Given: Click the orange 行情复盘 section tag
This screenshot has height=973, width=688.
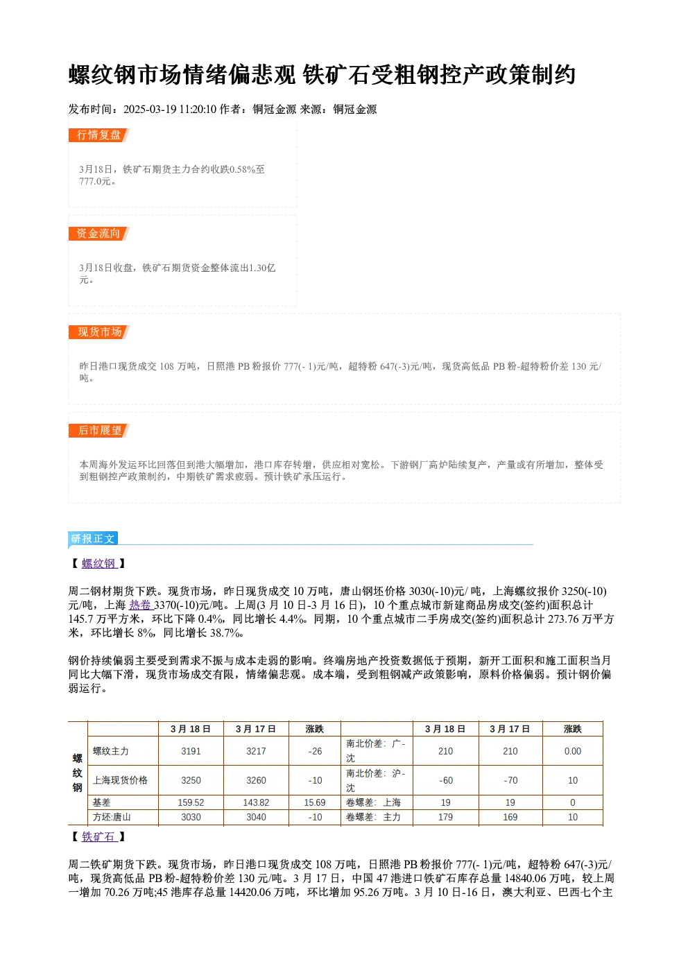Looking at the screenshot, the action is click(99, 135).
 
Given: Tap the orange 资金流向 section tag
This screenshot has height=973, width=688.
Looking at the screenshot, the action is click(99, 234).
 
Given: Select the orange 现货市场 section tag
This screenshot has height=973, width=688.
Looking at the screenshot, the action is click(99, 332).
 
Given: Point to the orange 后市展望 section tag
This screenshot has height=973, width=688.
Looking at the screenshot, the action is click(99, 431).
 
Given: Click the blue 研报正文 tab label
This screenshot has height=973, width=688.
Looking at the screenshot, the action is click(93, 539).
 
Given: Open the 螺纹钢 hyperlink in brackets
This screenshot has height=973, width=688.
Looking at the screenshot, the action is click(99, 564).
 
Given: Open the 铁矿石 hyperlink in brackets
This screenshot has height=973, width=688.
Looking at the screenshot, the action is click(99, 837).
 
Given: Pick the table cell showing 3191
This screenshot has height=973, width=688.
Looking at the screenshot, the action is click(191, 752).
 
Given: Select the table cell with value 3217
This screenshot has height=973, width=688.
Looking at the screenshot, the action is click(256, 752).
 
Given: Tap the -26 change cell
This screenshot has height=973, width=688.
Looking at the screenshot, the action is click(315, 752).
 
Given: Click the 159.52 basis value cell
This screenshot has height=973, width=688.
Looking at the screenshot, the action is click(191, 802).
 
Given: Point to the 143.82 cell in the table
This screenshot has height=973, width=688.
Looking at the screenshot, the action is click(256, 802).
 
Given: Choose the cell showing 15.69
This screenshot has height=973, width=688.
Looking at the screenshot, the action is click(315, 802).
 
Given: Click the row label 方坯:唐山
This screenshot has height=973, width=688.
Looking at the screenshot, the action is click(112, 818).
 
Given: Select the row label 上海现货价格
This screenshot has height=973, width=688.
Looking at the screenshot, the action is click(120, 781).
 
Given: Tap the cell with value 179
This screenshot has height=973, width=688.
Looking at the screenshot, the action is click(446, 818).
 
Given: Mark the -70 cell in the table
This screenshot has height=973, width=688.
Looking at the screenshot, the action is click(510, 781).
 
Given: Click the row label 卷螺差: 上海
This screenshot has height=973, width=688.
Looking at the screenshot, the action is click(374, 802).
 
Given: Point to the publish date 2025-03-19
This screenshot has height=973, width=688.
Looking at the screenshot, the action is click(150, 110).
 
